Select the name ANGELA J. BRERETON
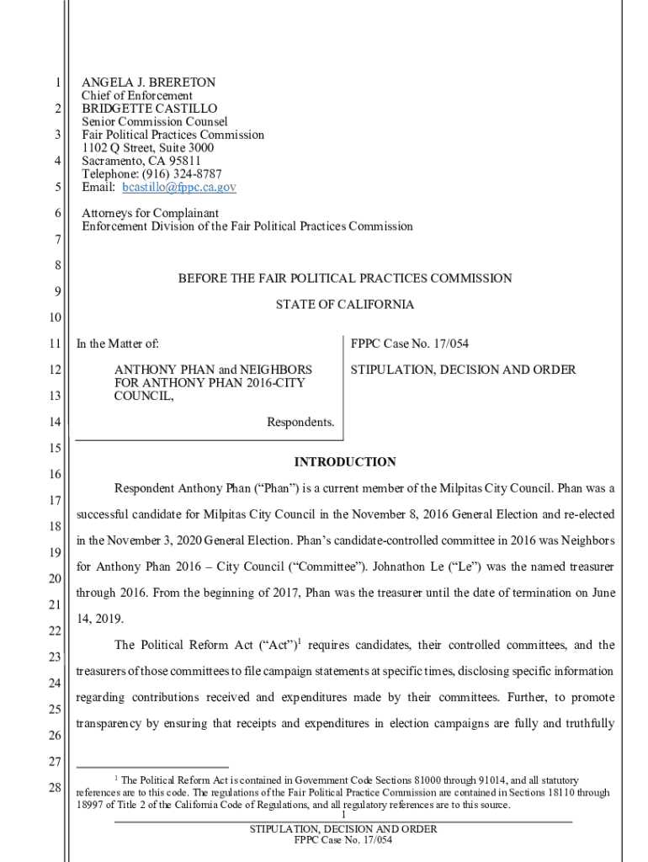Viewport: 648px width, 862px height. click(148, 82)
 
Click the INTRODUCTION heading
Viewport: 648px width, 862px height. click(344, 462)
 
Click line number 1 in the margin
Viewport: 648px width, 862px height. click(56, 83)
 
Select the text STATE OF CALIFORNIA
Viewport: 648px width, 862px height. click(344, 305)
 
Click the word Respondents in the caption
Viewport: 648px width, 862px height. click(300, 422)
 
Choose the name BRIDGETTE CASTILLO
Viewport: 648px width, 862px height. click(149, 109)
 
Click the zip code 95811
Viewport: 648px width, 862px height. click(184, 161)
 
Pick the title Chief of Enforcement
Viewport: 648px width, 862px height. click(137, 96)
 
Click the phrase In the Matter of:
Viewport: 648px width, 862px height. click(118, 343)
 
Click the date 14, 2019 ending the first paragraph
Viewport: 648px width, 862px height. click(98, 619)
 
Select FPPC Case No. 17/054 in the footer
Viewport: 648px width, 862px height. click(343, 840)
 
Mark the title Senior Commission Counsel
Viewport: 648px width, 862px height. click(154, 122)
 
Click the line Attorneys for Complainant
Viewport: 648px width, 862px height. click(150, 213)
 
